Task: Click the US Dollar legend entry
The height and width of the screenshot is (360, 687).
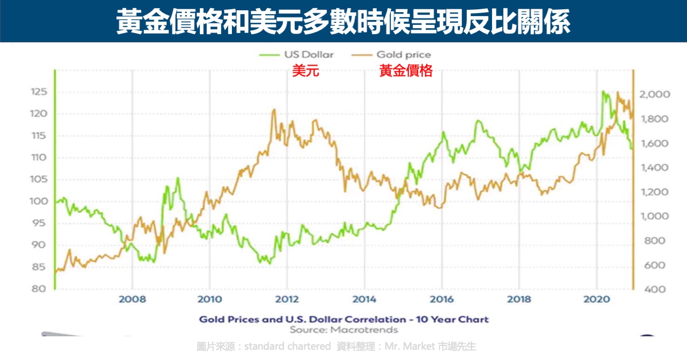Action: click(x=296, y=54)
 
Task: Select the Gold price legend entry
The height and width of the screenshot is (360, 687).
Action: click(x=391, y=55)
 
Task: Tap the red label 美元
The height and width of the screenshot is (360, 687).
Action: click(x=305, y=71)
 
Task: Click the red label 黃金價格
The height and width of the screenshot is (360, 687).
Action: click(x=406, y=71)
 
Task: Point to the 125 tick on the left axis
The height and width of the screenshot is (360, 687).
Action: click(x=39, y=92)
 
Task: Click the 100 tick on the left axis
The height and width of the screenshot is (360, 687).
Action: click(x=38, y=201)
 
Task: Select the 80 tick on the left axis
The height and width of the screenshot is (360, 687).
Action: click(x=38, y=289)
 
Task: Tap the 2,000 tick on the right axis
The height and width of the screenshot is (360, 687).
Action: click(x=655, y=94)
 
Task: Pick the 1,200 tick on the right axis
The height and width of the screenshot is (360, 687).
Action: click(x=655, y=192)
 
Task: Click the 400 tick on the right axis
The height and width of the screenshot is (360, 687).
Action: click(x=655, y=289)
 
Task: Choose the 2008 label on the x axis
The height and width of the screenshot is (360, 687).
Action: click(x=133, y=299)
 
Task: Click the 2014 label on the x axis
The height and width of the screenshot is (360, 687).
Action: click(x=364, y=299)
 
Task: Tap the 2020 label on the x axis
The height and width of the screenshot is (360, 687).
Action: click(x=597, y=299)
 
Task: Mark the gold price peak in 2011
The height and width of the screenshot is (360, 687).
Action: click(x=274, y=109)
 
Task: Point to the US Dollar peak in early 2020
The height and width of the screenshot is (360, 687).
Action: click(x=603, y=91)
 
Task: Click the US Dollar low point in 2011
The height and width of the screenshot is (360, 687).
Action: click(x=269, y=263)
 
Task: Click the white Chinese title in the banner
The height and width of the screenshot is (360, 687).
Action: click(x=343, y=21)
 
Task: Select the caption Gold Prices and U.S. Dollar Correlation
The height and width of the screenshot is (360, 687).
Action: click(x=344, y=320)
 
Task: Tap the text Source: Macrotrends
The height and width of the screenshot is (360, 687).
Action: click(x=344, y=330)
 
